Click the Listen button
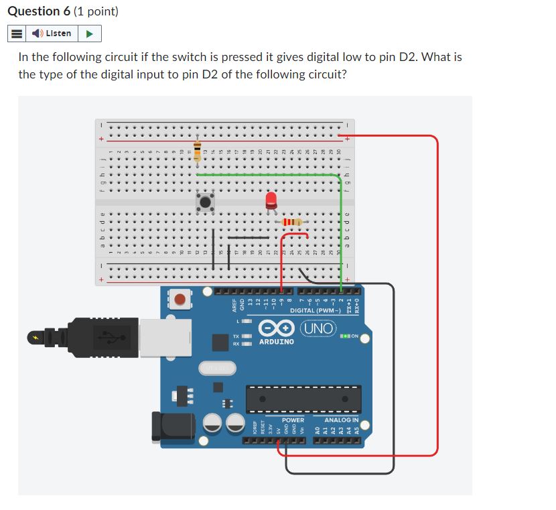[54, 33]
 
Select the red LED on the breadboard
[271, 199]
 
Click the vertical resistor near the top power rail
[197, 151]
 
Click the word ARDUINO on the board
[276, 342]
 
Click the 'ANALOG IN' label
[341, 420]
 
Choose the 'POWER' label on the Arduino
[292, 420]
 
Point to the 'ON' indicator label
[354, 336]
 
